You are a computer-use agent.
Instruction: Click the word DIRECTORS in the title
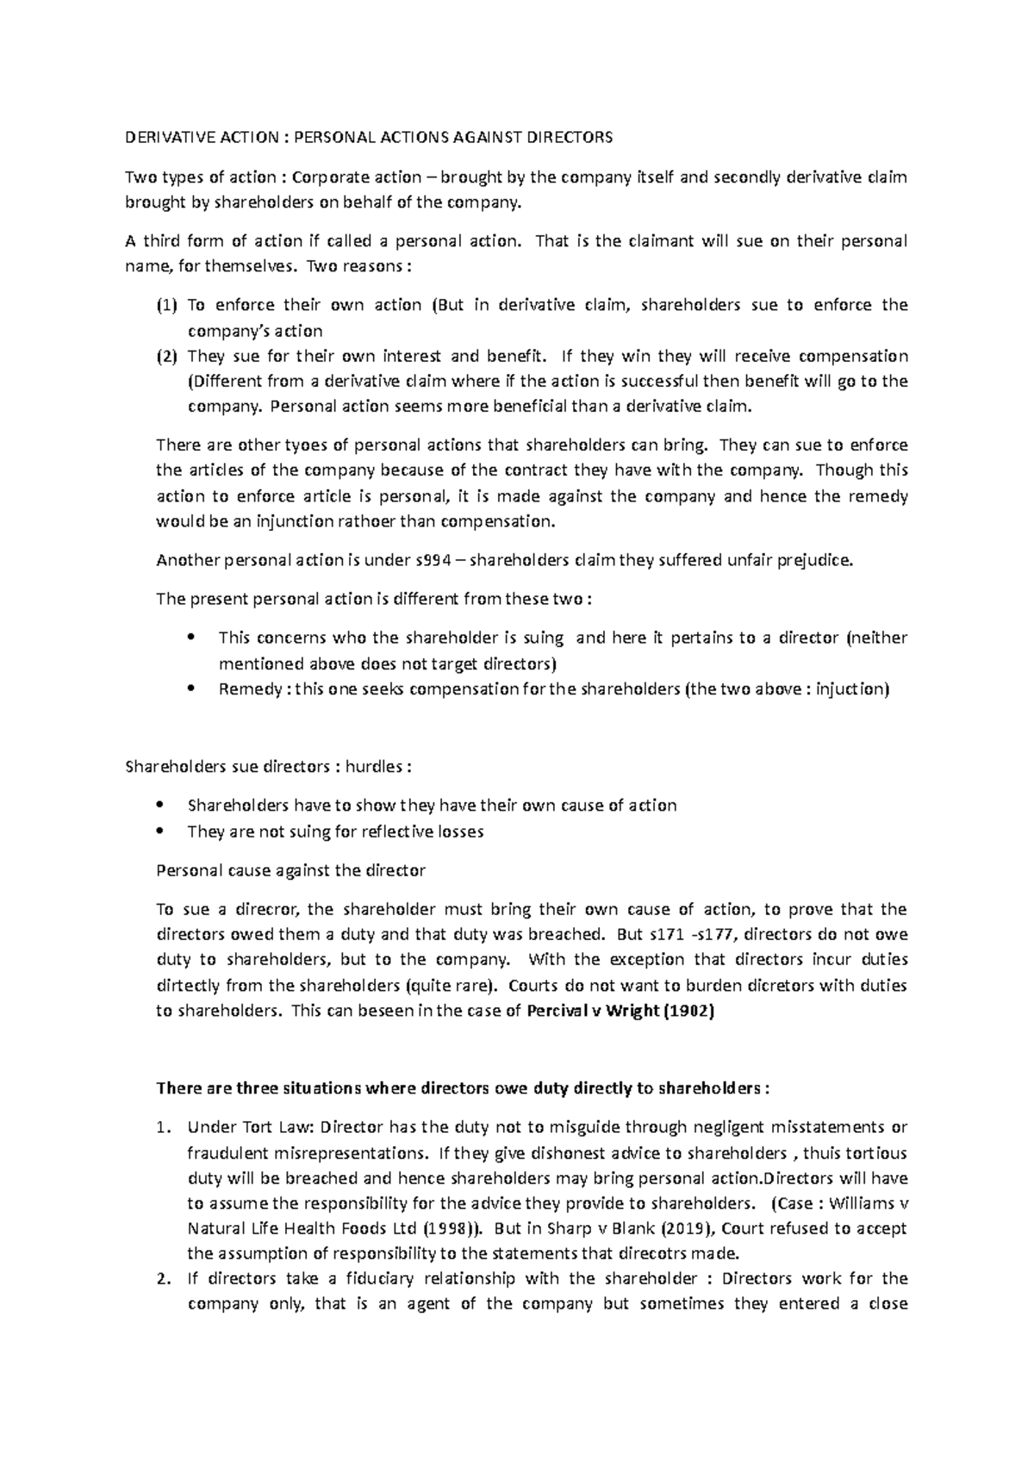pos(570,137)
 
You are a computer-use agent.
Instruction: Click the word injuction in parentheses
pos(850,689)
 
